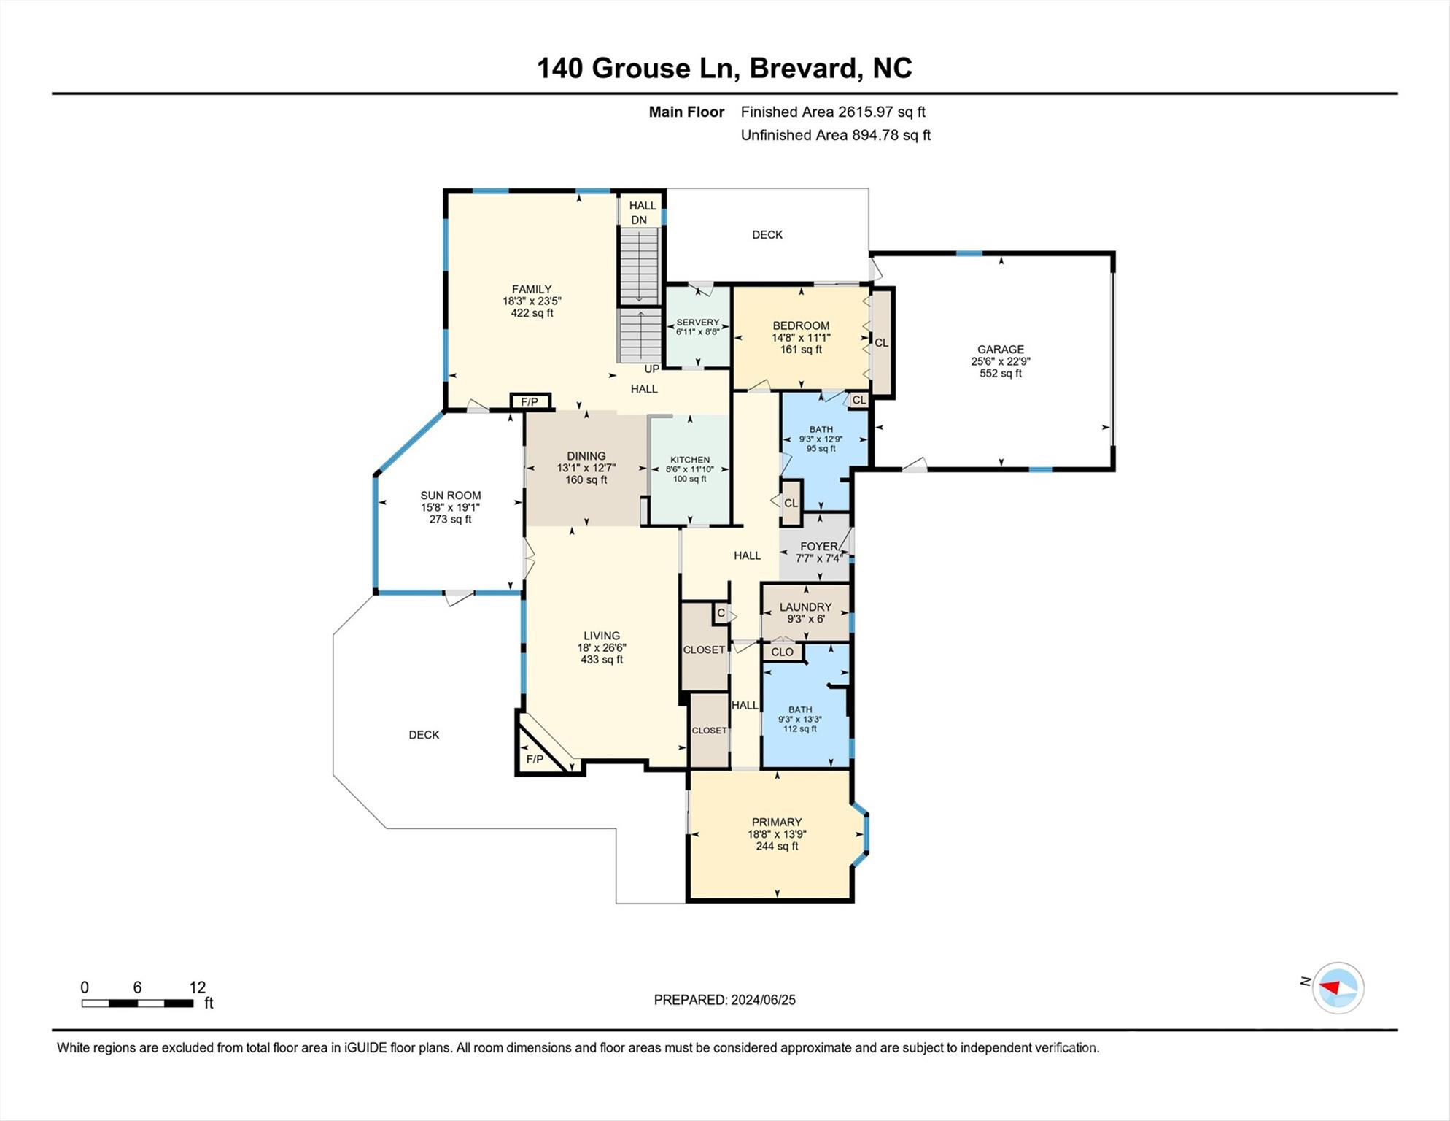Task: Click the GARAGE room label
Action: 1001,350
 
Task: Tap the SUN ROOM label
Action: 451,496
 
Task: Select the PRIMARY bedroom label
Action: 777,823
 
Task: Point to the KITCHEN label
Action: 690,460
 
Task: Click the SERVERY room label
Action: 698,323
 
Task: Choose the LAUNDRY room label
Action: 805,607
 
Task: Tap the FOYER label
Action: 819,547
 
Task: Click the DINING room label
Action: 586,456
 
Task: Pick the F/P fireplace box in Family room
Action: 530,402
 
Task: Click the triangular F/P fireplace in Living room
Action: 540,752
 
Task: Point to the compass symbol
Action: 1338,987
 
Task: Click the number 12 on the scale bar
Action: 198,987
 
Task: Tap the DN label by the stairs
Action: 639,220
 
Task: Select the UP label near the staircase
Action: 651,369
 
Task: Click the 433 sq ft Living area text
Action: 602,660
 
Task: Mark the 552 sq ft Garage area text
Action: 1001,374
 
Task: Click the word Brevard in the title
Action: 803,68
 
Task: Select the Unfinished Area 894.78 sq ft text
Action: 836,135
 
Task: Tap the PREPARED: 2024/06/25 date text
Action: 725,1000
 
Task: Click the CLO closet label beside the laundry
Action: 782,652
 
